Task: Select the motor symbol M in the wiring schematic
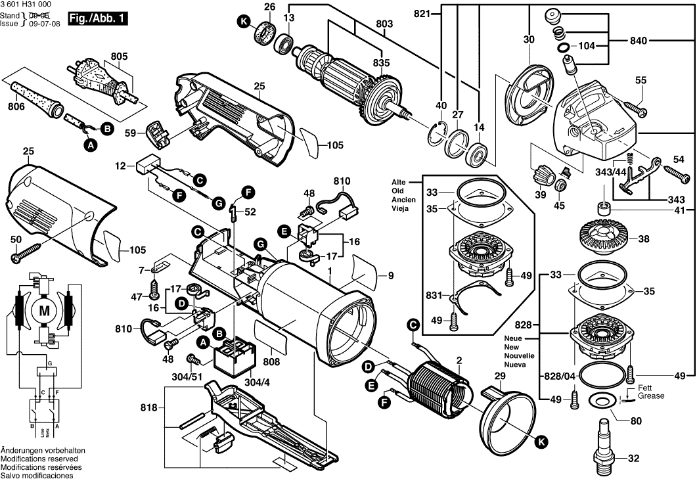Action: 45,309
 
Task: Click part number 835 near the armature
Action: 381,62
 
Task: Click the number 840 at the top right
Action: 639,41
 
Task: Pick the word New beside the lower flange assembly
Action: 512,346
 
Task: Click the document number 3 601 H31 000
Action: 29,5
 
